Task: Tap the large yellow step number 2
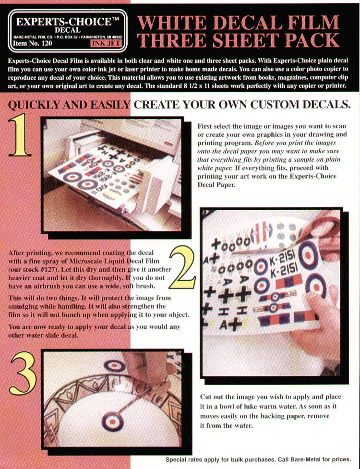point(182,268)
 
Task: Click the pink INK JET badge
point(106,44)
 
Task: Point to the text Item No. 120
point(32,43)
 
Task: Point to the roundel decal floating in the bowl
point(113,421)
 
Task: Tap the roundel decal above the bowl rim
point(114,365)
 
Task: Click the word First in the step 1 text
point(204,126)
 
